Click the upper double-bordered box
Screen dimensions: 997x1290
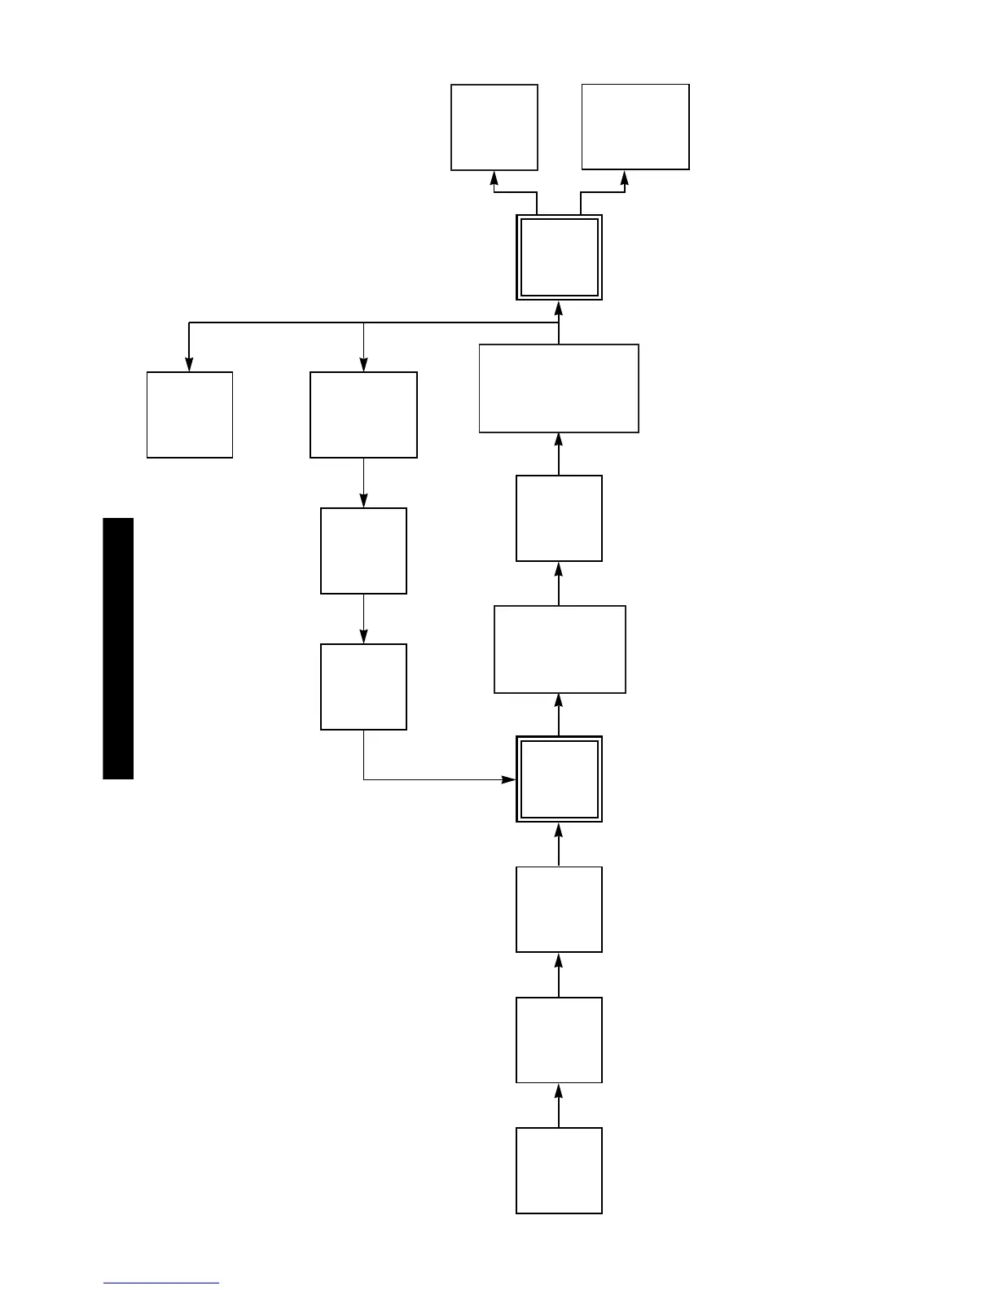click(559, 257)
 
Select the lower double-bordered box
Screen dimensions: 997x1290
click(559, 779)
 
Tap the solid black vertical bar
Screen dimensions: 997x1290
click(118, 648)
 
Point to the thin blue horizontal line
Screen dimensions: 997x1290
click(161, 1283)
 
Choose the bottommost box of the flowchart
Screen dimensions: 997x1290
click(559, 1170)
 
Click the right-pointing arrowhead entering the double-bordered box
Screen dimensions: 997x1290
click(508, 779)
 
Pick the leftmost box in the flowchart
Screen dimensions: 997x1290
click(190, 415)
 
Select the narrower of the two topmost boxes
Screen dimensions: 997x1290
click(494, 127)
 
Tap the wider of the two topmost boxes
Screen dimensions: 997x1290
click(635, 127)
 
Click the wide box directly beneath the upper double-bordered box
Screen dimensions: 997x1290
click(559, 388)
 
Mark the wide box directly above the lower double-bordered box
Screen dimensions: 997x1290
click(560, 649)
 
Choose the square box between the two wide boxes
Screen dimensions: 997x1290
click(559, 518)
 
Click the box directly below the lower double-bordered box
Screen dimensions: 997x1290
click(559, 909)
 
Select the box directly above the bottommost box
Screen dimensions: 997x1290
click(559, 1040)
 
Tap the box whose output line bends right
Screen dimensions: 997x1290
click(363, 687)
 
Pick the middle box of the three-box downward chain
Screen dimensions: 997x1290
click(363, 551)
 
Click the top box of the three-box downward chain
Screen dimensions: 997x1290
click(363, 415)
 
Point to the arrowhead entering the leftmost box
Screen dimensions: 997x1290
click(189, 365)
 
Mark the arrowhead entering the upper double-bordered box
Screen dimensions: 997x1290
click(559, 308)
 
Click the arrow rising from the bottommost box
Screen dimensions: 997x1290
click(559, 1105)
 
